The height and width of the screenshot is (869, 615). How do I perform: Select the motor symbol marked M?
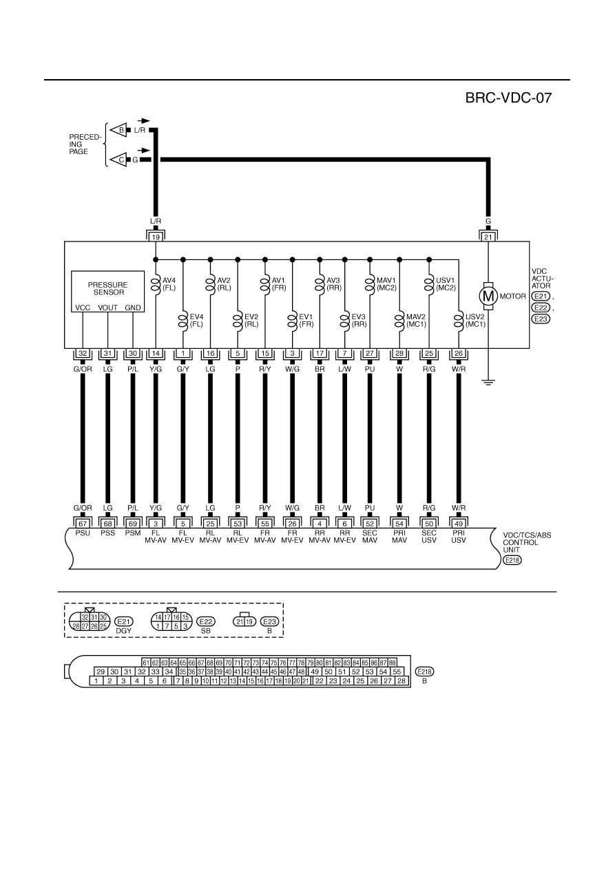coord(488,297)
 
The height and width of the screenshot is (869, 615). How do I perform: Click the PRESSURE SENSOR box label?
coord(107,288)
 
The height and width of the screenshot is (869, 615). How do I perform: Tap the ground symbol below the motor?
coord(488,383)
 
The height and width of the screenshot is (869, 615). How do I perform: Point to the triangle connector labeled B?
coord(119,130)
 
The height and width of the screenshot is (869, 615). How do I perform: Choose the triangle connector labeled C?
coord(119,160)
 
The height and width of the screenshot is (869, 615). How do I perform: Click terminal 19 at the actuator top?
coord(156,237)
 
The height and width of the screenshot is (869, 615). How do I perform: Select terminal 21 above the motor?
coord(488,237)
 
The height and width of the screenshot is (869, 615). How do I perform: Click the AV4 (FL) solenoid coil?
coord(156,284)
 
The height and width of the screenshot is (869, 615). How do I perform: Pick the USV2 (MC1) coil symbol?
coord(459,321)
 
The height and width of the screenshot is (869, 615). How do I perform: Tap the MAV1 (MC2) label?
coord(386,284)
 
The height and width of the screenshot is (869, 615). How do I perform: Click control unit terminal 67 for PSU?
coord(83,524)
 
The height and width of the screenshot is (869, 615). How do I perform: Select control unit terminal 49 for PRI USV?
coord(459,524)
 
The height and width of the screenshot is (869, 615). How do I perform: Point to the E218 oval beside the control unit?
coord(512,560)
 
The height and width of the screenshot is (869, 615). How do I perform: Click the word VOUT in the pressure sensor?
coord(107,308)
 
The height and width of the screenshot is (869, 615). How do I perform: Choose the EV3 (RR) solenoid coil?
coord(344,321)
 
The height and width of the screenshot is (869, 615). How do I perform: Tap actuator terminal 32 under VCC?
coord(83,354)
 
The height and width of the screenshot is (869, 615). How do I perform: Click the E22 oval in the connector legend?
coord(206,621)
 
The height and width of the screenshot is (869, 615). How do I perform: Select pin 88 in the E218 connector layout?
coord(392,663)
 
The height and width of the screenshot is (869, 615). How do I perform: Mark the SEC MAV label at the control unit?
coord(370,537)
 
